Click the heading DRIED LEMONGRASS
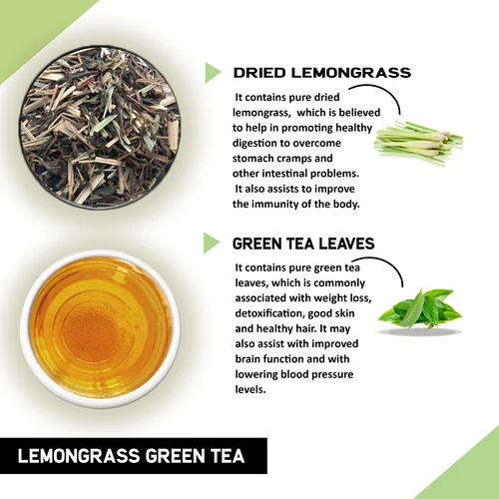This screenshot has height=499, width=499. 320,73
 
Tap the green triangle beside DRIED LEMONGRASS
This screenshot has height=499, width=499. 212,72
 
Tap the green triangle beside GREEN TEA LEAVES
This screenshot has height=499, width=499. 212,243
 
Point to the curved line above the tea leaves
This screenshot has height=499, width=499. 388,269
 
